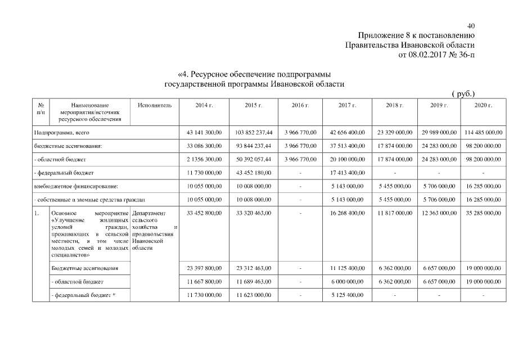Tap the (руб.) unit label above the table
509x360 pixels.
point(463,94)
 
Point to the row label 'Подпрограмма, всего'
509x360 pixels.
point(62,132)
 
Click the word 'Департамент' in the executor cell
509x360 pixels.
point(148,214)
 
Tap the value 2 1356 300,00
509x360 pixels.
point(204,159)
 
